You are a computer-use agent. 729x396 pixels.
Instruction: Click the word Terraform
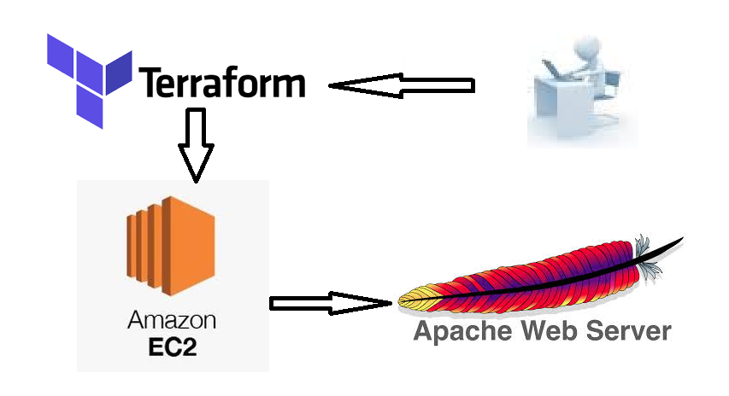[221, 84]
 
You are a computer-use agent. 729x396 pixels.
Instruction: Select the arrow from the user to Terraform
[402, 85]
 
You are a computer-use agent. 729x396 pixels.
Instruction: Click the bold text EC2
[172, 348]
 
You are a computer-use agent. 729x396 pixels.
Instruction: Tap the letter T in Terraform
[149, 84]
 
